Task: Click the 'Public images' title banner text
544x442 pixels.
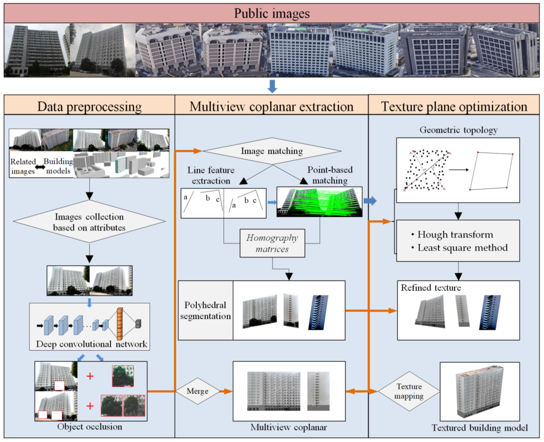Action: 272,13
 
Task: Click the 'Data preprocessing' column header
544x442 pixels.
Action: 89,106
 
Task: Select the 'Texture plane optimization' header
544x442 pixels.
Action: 454,106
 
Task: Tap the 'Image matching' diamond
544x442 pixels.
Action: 272,151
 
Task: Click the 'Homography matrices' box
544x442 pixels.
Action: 272,243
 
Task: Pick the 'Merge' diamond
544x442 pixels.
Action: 197,391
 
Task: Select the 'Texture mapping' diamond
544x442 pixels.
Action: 409,391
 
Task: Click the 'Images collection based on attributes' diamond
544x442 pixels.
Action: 89,222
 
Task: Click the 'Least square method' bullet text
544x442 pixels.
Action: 462,248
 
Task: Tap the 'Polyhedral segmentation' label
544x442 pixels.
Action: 205,310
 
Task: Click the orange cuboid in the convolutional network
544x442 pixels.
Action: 120,324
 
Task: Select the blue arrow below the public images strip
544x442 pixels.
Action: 272,86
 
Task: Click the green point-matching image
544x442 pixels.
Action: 319,202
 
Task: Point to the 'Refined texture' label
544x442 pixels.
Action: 431,287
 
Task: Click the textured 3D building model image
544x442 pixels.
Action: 479,391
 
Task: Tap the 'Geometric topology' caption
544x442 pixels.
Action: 458,130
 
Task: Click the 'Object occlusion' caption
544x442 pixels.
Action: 90,426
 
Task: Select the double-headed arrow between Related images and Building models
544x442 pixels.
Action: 40,167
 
